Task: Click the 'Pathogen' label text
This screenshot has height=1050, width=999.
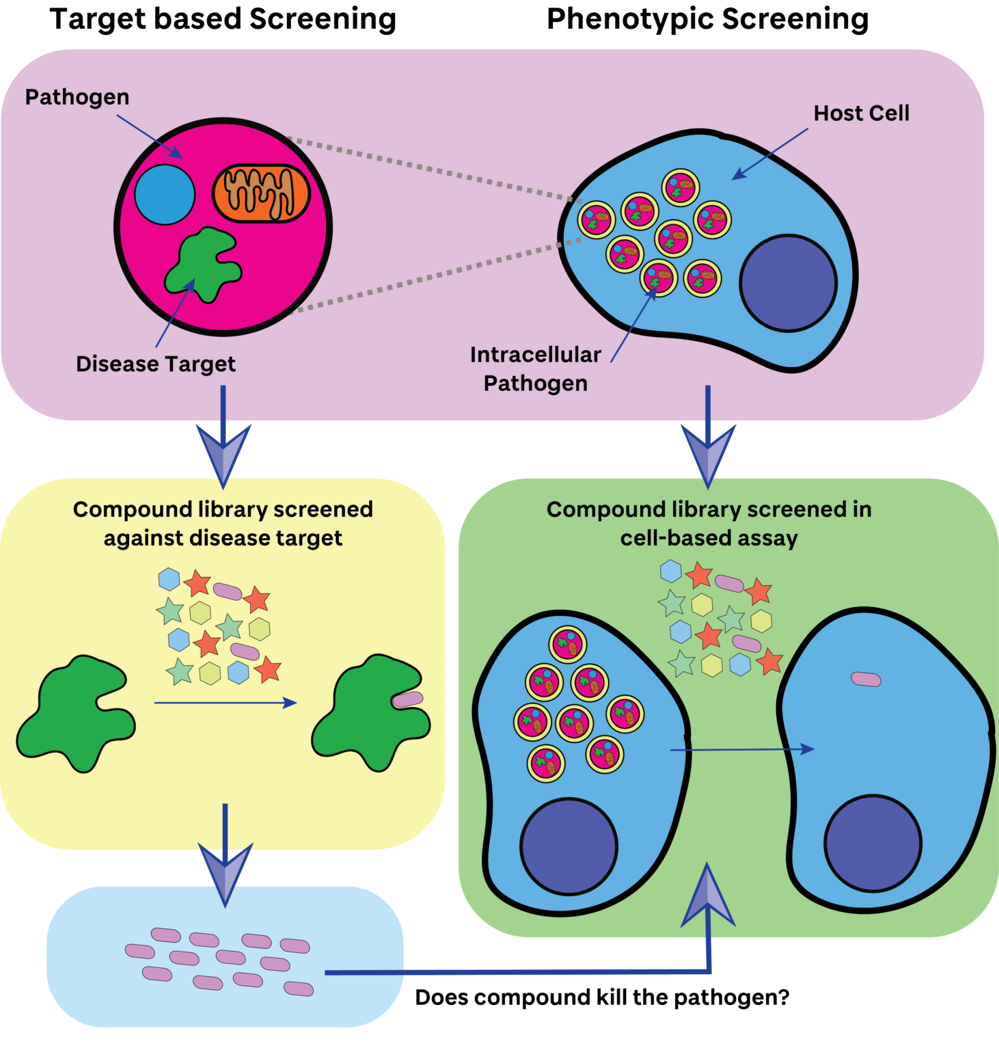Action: point(77,98)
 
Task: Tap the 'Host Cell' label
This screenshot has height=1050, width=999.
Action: point(861,113)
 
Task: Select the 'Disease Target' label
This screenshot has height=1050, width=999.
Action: point(156,364)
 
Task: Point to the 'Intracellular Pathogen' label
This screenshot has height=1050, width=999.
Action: point(536,369)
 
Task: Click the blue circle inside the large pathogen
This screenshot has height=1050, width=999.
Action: point(165,195)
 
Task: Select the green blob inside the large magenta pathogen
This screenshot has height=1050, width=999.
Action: point(204,265)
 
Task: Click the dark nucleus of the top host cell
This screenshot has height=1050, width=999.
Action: point(788,283)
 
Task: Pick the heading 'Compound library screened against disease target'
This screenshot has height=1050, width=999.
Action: point(223,524)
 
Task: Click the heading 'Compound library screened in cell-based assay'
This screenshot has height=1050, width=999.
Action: point(709,524)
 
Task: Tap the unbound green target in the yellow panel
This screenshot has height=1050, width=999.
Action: point(76,711)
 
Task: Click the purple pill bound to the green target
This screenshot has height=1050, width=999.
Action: point(408,699)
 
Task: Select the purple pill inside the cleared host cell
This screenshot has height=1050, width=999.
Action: point(866,679)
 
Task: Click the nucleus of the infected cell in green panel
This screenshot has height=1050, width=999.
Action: point(569,846)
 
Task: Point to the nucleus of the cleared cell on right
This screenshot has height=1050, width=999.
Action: point(873,843)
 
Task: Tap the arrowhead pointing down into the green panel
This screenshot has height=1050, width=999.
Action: point(708,451)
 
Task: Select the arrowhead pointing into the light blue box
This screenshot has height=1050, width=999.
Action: point(225,871)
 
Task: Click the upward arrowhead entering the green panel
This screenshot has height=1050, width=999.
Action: point(708,899)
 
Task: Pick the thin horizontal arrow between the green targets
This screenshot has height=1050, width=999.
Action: point(225,703)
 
